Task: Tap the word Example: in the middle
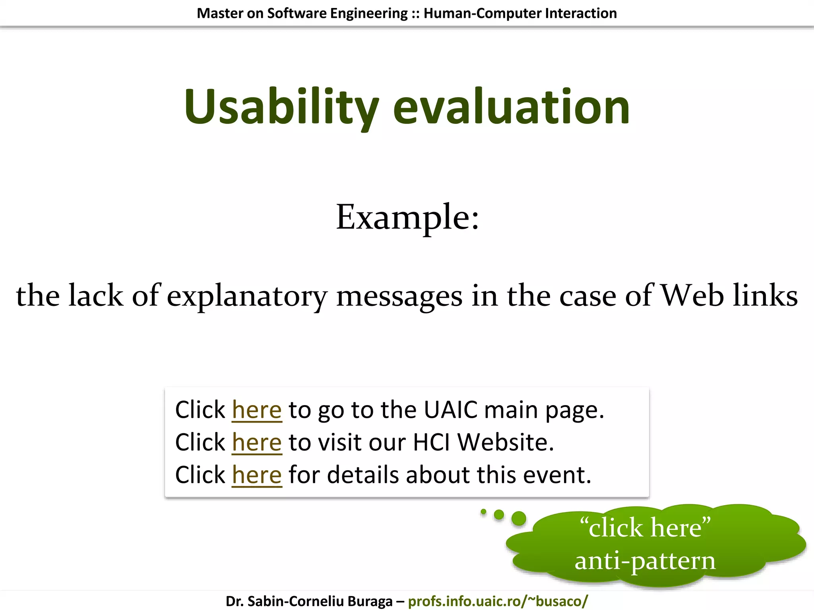pos(407,217)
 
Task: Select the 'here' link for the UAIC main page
pos(257,410)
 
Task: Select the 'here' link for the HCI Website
pos(257,442)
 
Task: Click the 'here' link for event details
pos(257,475)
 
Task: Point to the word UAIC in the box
pos(450,410)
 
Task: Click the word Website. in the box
pos(506,442)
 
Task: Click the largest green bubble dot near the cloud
pos(519,519)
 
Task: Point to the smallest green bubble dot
pos(483,512)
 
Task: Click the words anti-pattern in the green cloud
pos(645,561)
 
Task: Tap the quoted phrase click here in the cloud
pos(645,528)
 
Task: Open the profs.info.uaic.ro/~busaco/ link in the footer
pos(498,601)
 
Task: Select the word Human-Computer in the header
pos(482,14)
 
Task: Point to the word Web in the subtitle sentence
pos(692,295)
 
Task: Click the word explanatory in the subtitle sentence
pos(247,296)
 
